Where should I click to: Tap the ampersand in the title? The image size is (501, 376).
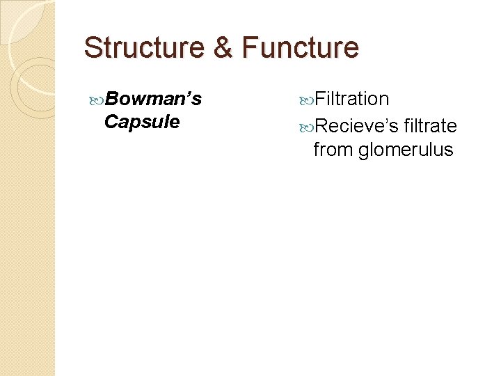tap(223, 47)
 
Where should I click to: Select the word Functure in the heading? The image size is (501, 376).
tap(300, 47)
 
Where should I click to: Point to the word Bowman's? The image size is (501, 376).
tap(154, 99)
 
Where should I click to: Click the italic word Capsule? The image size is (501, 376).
tap(141, 122)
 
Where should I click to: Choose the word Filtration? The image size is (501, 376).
tap(351, 99)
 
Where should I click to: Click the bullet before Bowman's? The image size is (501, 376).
tap(97, 100)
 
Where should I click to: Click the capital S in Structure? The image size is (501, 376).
tap(92, 47)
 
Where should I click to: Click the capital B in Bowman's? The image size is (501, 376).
tap(111, 99)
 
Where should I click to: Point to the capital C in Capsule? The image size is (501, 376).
tap(110, 122)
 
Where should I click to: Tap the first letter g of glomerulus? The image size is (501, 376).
tap(363, 150)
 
